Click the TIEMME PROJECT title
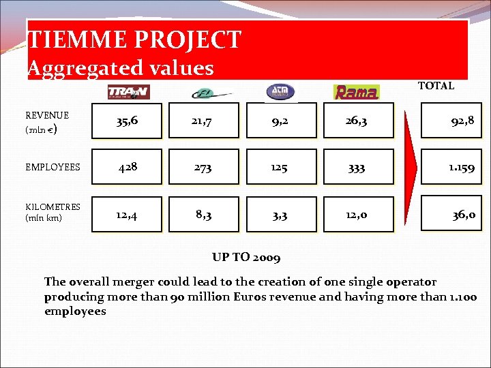134,40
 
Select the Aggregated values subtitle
121,68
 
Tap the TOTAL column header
436,86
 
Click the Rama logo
356,92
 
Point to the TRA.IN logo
128,91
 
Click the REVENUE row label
47,122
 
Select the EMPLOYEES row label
53,167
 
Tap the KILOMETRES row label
53,212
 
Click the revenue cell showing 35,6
128,121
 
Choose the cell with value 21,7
203,121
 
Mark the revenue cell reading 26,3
357,121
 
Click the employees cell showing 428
128,167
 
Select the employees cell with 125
280,167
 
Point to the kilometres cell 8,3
203,214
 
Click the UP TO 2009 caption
246,258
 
